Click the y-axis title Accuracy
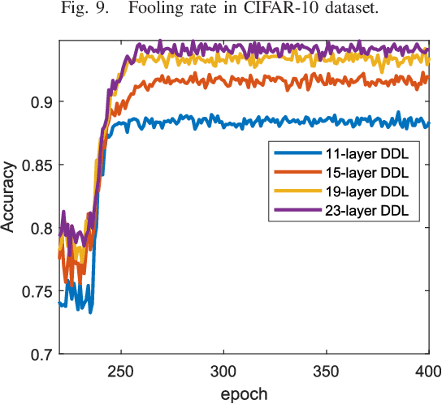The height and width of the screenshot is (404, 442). pyautogui.click(x=9, y=200)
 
